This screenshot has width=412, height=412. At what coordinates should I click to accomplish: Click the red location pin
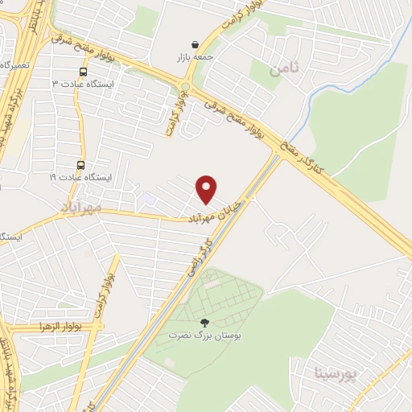(x=207, y=188)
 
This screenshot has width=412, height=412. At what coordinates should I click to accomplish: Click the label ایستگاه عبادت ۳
(x=78, y=84)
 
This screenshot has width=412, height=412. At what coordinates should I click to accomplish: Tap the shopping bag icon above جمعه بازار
(x=196, y=45)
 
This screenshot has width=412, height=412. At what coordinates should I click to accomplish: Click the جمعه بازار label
(x=196, y=58)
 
